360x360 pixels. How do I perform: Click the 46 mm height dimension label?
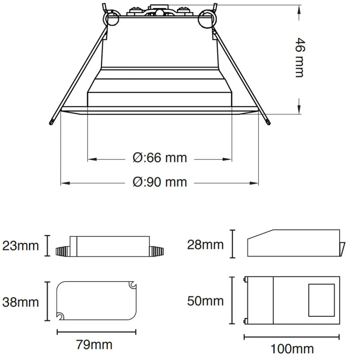click(300, 58)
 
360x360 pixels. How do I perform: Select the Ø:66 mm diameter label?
click(160, 158)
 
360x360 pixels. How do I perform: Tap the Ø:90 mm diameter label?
click(160, 182)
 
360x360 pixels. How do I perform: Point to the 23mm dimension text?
click(21, 246)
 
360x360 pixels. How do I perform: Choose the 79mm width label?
click(94, 345)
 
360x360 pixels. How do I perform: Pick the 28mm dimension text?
click(205, 245)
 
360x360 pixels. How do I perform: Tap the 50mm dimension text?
click(205, 301)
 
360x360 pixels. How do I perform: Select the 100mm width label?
click(292, 349)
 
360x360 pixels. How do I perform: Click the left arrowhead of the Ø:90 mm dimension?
click(65, 183)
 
